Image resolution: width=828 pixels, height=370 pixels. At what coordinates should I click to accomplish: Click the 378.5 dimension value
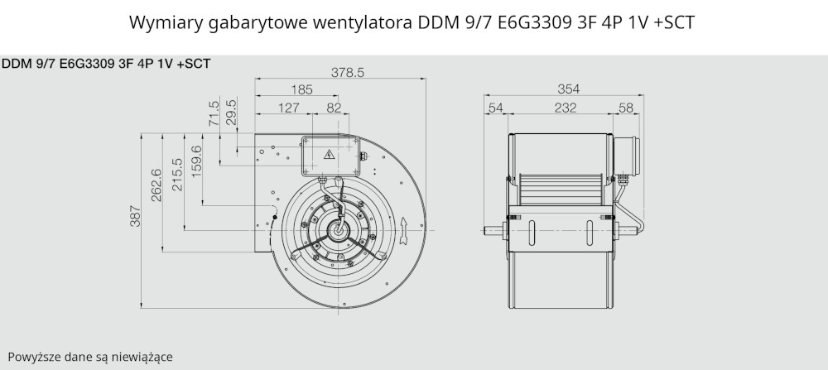(348, 73)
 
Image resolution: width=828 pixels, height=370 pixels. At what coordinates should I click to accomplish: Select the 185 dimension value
(301, 89)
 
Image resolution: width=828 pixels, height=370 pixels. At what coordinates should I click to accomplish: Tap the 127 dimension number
(289, 108)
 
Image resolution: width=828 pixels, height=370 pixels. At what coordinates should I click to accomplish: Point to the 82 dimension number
(334, 108)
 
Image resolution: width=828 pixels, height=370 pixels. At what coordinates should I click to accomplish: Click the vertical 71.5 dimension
(214, 113)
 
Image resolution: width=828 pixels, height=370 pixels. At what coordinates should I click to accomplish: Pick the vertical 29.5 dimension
(231, 111)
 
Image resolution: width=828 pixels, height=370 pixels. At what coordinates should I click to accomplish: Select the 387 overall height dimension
(136, 216)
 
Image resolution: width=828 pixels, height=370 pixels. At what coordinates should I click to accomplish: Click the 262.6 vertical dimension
(156, 185)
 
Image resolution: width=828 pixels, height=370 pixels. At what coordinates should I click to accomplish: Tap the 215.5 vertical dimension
(177, 175)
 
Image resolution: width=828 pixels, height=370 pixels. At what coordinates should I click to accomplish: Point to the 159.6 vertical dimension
(196, 161)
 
